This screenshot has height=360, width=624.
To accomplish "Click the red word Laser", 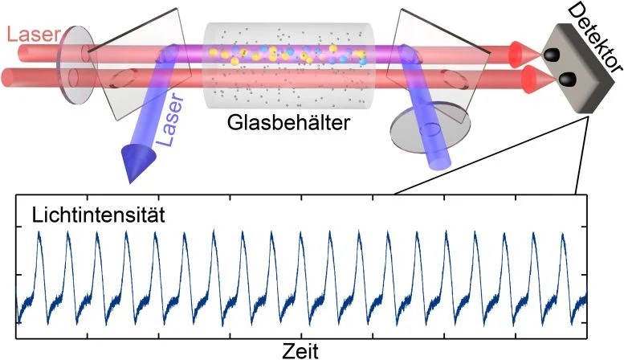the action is coord(34,35).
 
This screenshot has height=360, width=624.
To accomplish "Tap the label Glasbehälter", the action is coord(288,123).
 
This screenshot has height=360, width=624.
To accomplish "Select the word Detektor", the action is coord(595,38).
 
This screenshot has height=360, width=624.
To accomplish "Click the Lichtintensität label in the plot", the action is coord(98,215).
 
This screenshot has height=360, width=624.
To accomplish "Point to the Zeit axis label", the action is coord(300,351).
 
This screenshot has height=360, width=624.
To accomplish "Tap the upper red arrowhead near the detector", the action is coord(524,54).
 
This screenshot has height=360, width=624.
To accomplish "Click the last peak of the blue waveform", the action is coord(563,234).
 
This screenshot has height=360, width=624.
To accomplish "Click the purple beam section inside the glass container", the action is coord(290,54).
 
